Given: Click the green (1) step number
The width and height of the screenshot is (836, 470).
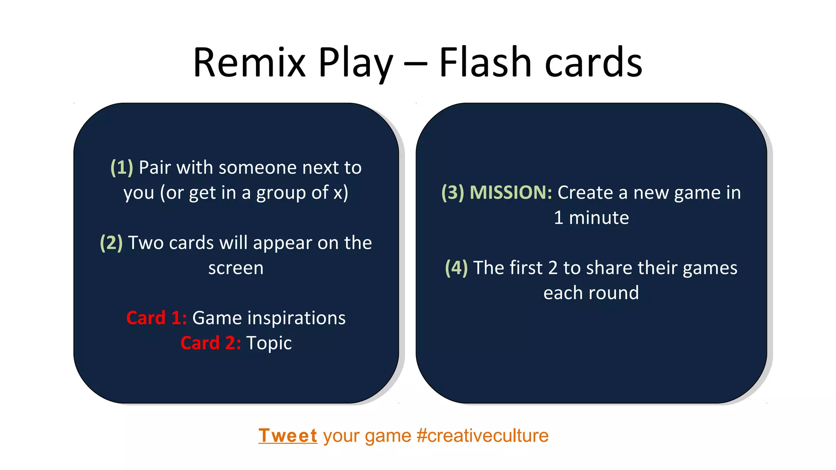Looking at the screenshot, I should coord(122,168).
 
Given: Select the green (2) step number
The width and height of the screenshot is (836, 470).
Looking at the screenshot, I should coord(111,243).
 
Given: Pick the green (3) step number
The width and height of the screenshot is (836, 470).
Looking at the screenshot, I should coord(453,193).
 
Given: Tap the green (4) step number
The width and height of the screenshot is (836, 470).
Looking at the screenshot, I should coord(456,268).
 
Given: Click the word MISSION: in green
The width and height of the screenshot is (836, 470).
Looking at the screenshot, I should coord(511,193).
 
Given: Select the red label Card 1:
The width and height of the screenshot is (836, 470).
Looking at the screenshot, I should coord(156,318).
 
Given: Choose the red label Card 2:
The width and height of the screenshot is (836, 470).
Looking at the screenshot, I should coord(211,343).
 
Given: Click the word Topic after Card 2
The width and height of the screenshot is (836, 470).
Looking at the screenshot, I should coord(269,343).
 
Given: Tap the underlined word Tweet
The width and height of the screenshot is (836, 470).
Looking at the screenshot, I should coord(288,436).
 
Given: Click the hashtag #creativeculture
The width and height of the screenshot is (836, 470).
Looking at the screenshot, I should coord(482,436).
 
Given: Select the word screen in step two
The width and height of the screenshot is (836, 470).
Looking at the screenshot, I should coord(236,268).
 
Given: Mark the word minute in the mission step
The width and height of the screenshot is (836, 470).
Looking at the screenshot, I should coord(599,218).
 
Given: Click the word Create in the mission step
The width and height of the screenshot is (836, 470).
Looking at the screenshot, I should coord(585,193).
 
